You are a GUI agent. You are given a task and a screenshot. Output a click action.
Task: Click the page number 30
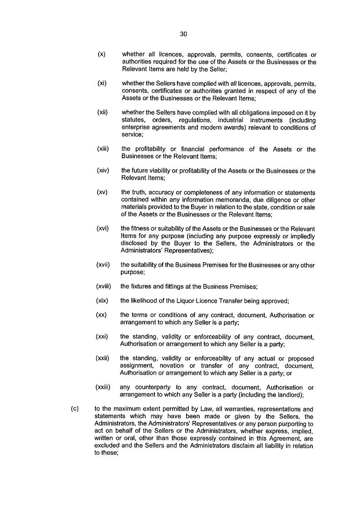click(183, 34)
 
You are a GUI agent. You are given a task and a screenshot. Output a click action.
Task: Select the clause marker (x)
click(102, 54)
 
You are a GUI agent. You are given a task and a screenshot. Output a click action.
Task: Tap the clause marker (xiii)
click(104, 149)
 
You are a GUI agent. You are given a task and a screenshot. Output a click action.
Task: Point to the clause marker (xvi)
click(104, 228)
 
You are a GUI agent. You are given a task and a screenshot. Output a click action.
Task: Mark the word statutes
click(133, 120)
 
